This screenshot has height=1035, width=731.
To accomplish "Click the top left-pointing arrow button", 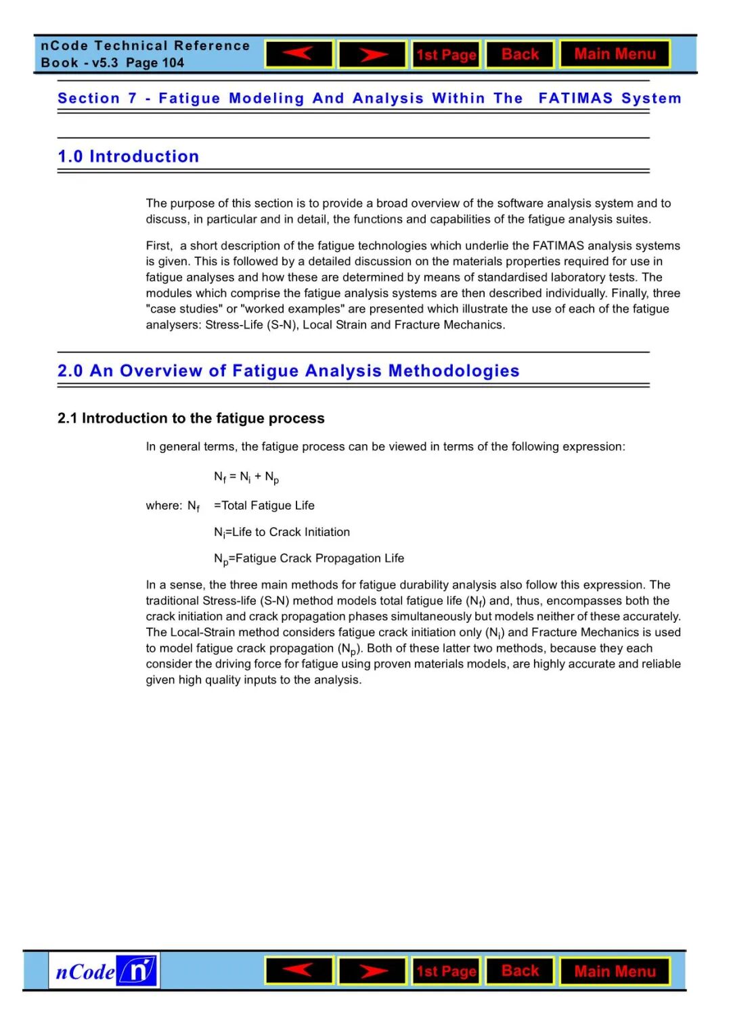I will (299, 54).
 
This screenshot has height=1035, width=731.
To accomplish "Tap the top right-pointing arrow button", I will (372, 54).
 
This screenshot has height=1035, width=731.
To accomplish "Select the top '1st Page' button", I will (446, 55).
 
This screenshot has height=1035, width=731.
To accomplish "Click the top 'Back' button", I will (520, 54).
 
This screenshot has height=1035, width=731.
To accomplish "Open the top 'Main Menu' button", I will (615, 54).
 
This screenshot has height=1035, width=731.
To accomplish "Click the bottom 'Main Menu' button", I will (615, 971).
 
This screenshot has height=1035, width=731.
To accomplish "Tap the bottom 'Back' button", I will (520, 971).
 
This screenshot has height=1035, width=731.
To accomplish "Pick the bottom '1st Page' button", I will (446, 971).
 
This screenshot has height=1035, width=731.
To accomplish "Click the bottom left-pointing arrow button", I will (299, 971).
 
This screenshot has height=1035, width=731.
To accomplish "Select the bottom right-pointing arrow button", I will (372, 971).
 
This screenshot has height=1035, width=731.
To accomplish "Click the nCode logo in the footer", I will (104, 971).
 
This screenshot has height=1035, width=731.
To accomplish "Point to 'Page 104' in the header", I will (155, 63).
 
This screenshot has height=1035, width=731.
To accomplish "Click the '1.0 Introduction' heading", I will (129, 156).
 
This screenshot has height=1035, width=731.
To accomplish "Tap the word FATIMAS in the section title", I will (575, 98).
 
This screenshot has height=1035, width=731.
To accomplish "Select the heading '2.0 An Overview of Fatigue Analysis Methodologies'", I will (288, 371).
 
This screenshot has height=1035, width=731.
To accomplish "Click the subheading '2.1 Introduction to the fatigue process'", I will (191, 418).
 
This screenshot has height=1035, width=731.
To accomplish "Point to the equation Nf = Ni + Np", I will (246, 477).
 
